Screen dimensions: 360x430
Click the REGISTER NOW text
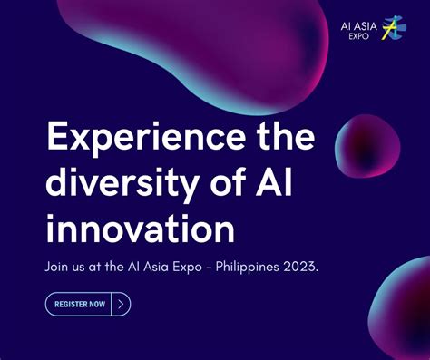tap(79, 304)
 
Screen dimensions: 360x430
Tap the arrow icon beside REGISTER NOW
tap(121, 304)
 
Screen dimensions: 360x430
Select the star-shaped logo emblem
tap(394, 29)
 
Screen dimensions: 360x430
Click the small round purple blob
tap(366, 148)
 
